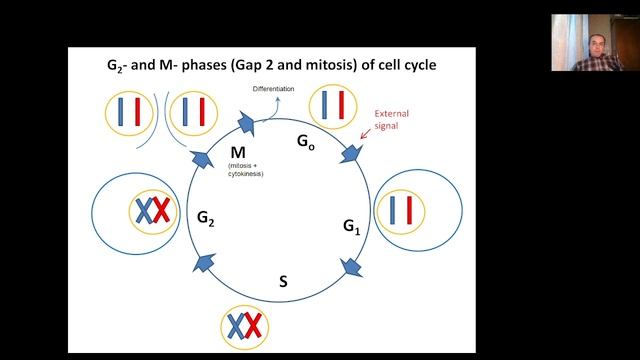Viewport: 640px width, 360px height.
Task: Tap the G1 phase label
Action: click(x=351, y=227)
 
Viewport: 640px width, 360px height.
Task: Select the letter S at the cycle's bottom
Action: click(x=283, y=281)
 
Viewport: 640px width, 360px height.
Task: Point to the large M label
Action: click(x=238, y=152)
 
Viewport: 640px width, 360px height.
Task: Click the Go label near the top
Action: click(x=306, y=140)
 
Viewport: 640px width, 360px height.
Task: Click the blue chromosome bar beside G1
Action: click(x=393, y=211)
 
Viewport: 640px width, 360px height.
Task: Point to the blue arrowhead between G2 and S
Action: click(x=204, y=262)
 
